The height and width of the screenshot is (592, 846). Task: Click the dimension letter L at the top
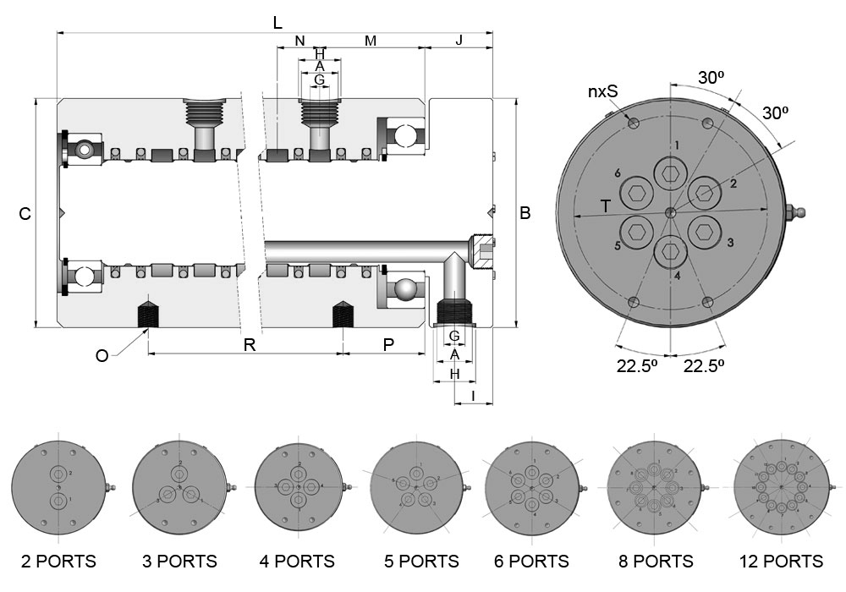pyautogui.click(x=277, y=24)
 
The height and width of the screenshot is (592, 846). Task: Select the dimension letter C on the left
pyautogui.click(x=25, y=215)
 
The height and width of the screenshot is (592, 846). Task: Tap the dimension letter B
pyautogui.click(x=525, y=214)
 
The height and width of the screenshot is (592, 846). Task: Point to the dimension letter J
pyautogui.click(x=459, y=41)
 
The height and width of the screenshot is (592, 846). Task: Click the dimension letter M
pyautogui.click(x=370, y=41)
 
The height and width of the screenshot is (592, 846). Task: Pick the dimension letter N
pyautogui.click(x=299, y=41)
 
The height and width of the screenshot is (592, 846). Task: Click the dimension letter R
pyautogui.click(x=249, y=344)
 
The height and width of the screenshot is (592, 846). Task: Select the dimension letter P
pyautogui.click(x=388, y=344)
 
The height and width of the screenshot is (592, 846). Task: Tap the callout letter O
pyautogui.click(x=102, y=356)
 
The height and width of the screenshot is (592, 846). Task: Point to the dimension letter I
pyautogui.click(x=473, y=396)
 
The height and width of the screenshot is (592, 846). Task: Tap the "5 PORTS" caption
pyautogui.click(x=417, y=562)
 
